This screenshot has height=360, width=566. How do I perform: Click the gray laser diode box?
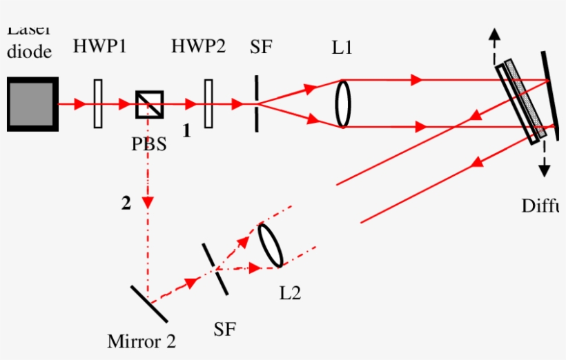pos(32,104)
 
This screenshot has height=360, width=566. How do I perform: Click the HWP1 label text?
pos(100,47)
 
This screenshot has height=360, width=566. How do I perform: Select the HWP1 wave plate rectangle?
pos(98,104)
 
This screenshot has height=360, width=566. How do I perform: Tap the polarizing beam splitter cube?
pos(148,104)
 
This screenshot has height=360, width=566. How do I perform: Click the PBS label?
pos(149,146)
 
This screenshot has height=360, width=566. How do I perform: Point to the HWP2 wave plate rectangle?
pos(208,104)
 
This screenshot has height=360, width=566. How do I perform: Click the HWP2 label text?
pos(199,47)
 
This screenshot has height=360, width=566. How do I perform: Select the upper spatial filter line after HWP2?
pos(257,103)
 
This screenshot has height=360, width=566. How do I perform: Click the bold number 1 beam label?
pos(186,130)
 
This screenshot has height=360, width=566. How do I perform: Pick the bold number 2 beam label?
pos(126,203)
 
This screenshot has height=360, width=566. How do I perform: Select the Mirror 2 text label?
pos(141,341)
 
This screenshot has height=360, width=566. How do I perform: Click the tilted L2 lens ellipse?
pos(271,245)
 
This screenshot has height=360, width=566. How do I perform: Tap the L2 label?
pos(291,293)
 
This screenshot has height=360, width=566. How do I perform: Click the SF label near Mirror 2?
pos(226,328)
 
